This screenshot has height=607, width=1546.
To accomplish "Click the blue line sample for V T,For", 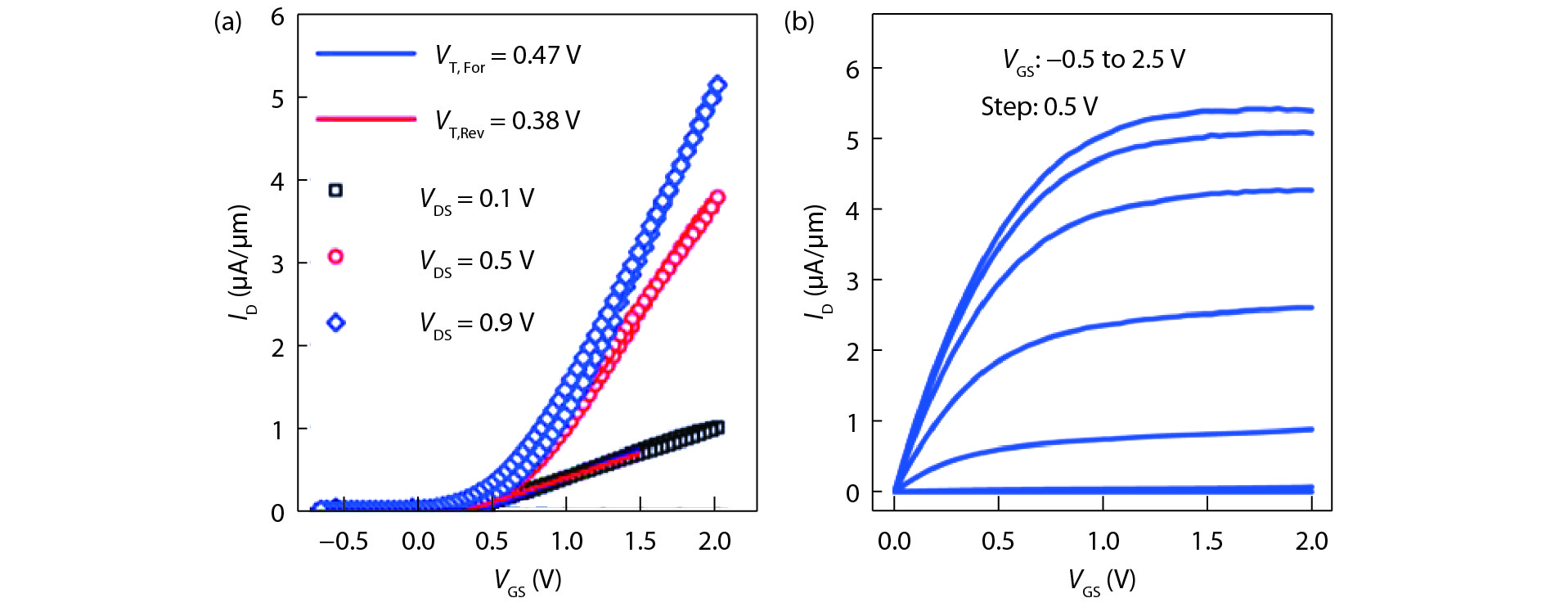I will [x=366, y=54].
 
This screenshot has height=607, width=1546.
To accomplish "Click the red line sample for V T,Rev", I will [x=366, y=119].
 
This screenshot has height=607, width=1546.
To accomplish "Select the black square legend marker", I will [x=335, y=191].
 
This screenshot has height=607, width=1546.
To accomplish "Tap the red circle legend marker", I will [x=335, y=257].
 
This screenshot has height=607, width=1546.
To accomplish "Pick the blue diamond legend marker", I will [x=335, y=322].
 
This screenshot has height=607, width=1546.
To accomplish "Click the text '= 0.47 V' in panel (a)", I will [x=536, y=56].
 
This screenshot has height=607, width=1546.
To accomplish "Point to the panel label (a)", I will [x=227, y=22].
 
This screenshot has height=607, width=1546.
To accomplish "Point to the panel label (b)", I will [x=798, y=22].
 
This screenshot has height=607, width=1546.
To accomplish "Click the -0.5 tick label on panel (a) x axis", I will [x=344, y=542].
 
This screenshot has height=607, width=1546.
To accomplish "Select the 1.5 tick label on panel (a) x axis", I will [x=640, y=542].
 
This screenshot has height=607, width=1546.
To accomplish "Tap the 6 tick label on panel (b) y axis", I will [x=852, y=70].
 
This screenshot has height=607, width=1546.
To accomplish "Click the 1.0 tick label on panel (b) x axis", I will [x=1103, y=542].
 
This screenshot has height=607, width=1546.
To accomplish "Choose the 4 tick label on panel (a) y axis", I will [x=278, y=181].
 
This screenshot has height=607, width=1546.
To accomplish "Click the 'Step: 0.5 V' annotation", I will [x=1039, y=107].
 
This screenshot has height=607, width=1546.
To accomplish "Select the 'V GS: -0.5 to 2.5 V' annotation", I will [x=1094, y=61].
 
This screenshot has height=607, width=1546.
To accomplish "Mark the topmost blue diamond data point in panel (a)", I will [x=718, y=85].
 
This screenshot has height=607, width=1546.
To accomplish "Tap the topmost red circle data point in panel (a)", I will [x=718, y=197].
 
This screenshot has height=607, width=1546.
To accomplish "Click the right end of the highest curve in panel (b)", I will [x=1311, y=110].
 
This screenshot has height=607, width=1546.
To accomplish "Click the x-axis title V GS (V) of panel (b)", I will [x=1102, y=582].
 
